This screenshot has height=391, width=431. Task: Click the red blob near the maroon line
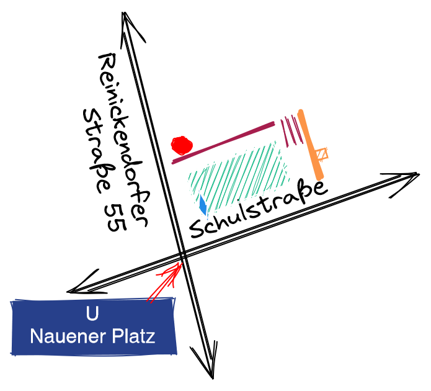click(x=182, y=145)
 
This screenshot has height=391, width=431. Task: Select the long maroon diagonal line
click(x=223, y=143)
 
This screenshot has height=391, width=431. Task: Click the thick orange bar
click(x=310, y=145)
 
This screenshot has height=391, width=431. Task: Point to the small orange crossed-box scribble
click(x=322, y=153)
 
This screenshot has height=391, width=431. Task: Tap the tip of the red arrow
click(x=181, y=263)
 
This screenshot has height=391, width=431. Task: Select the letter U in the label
click(x=92, y=314)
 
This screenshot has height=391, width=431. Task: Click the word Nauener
click(x=67, y=336)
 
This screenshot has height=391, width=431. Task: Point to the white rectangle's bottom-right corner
click(x=288, y=184)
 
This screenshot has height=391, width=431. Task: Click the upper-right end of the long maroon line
click(x=273, y=124)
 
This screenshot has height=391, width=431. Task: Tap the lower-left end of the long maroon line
click(x=174, y=162)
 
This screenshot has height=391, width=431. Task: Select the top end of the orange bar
click(x=300, y=112)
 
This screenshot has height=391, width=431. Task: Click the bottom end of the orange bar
click(x=320, y=178)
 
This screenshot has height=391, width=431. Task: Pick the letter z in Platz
click(x=151, y=338)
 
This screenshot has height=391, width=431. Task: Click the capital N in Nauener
click(x=36, y=336)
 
